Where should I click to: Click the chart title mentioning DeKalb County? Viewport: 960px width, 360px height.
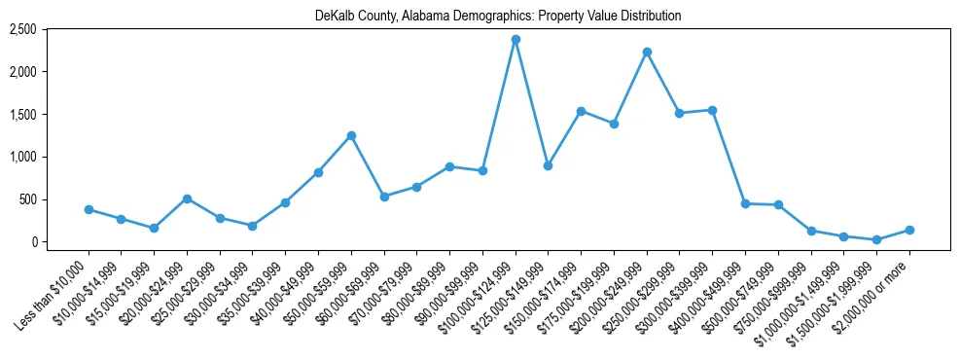pos(498,17)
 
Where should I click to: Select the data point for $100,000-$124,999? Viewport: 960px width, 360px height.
pos(516,39)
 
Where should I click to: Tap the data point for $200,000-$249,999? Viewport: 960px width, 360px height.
pos(647,52)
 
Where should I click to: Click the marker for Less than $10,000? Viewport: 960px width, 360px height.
pos(89,209)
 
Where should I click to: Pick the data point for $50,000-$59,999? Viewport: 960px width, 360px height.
pos(351,135)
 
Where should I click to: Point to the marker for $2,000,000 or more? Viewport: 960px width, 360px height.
pos(909,230)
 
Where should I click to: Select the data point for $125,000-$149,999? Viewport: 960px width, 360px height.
pos(548,165)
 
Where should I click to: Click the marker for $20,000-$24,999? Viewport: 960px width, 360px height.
pos(187,198)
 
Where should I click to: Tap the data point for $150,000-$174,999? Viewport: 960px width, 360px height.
pos(581,111)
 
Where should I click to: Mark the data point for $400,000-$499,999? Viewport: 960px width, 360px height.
pos(745,203)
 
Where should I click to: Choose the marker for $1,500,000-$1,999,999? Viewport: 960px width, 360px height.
pos(876,239)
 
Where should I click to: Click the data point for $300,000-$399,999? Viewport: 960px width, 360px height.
pos(712,110)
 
